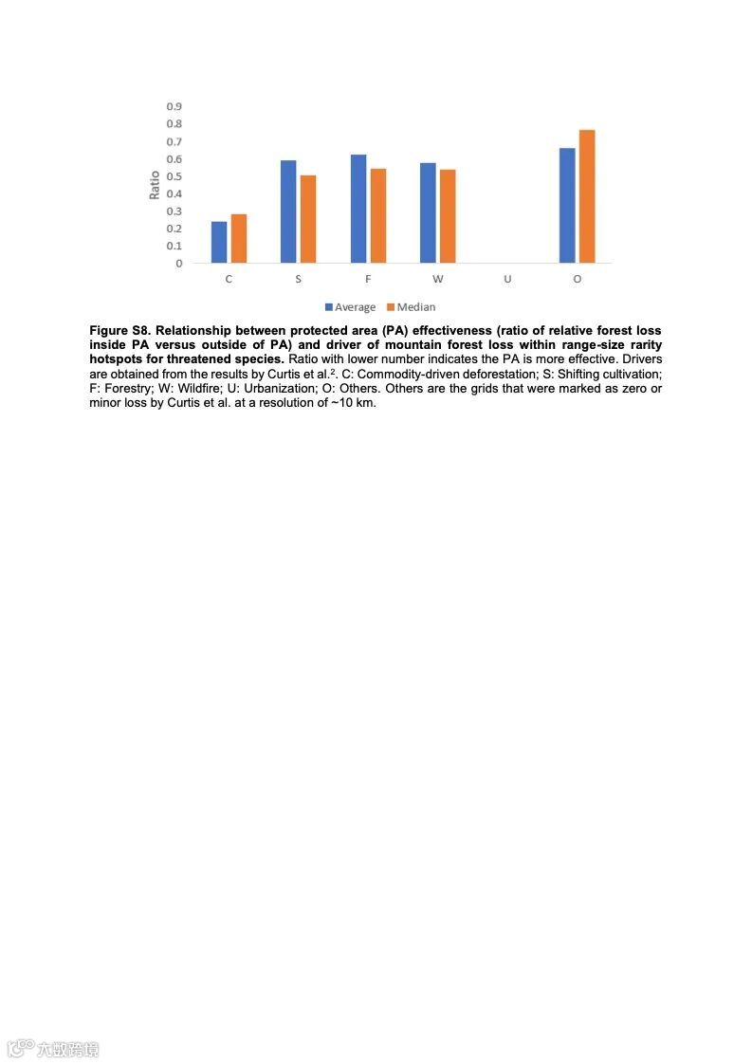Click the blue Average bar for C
[219, 242]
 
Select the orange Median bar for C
[239, 238]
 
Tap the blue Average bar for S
[288, 211]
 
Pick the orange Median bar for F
[378, 215]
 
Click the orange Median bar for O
[587, 196]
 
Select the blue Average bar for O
[567, 205]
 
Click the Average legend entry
[350, 307]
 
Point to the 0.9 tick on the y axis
[174, 106]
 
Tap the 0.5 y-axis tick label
[174, 176]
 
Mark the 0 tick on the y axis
[178, 264]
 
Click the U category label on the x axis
[507, 280]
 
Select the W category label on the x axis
[437, 280]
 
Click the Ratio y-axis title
[155, 184]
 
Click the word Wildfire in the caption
[200, 388]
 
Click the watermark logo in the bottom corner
[53, 1049]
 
